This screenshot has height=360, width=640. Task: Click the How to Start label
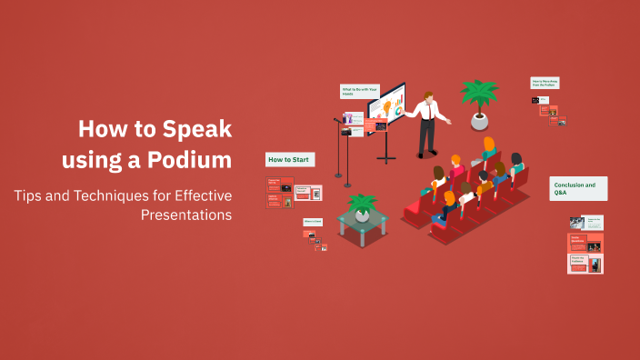(x=289, y=160)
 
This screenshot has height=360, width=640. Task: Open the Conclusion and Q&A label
(x=578, y=188)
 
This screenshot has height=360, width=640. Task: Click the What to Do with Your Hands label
(x=358, y=90)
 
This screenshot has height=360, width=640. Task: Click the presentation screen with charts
(x=386, y=108)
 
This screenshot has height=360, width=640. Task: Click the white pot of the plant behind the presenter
(x=479, y=120)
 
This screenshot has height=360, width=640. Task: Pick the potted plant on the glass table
(x=362, y=207)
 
